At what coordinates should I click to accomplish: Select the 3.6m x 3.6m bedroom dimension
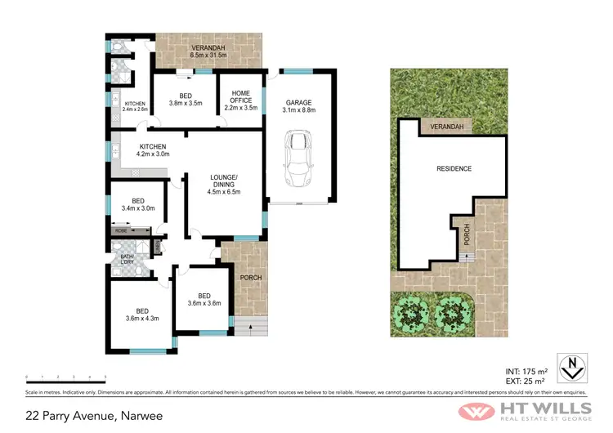[x=204, y=303]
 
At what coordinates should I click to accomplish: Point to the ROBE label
[x=121, y=231]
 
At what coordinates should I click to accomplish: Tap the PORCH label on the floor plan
[x=250, y=277]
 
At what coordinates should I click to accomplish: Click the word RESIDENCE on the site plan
[x=453, y=168]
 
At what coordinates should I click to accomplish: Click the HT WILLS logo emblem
[x=475, y=408]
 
